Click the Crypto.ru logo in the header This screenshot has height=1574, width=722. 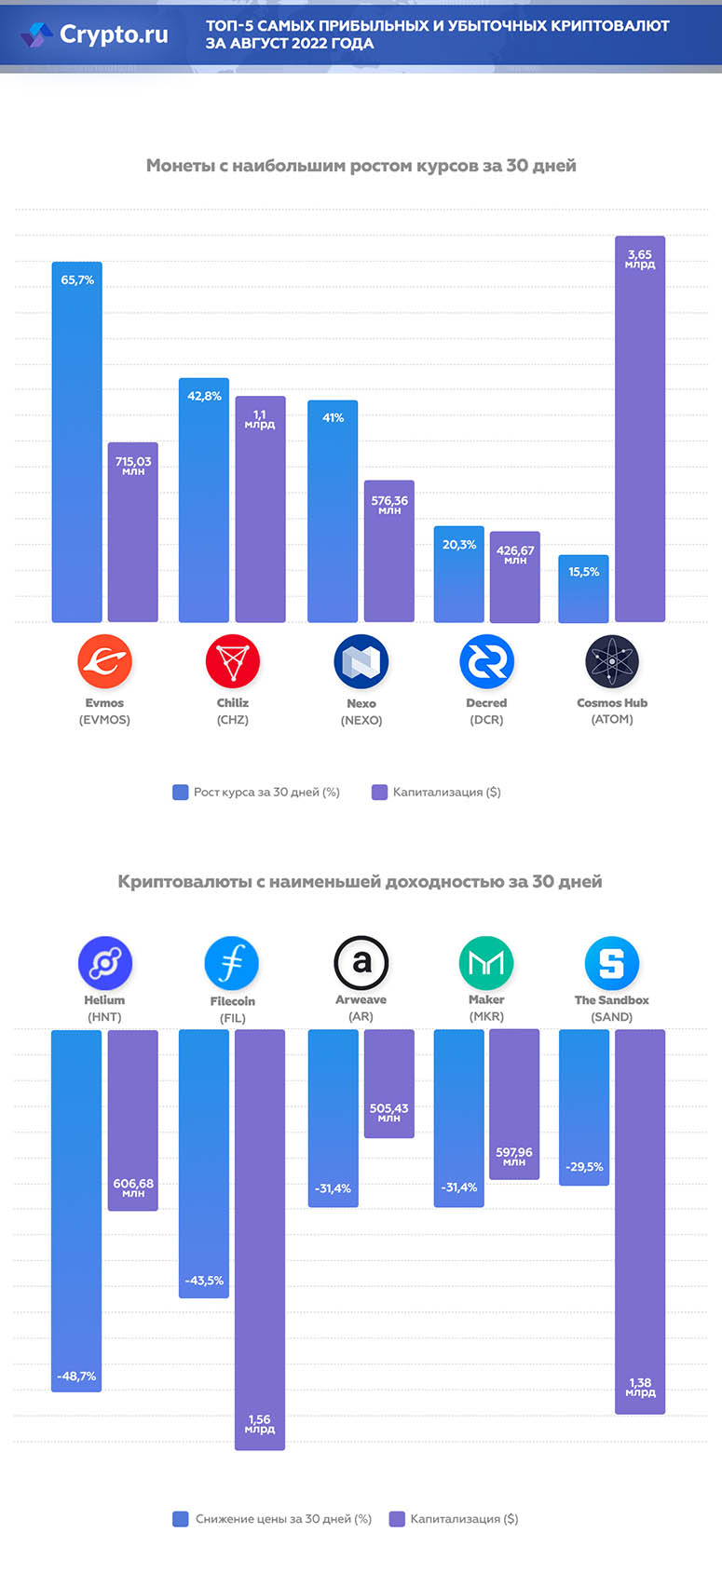click(x=94, y=34)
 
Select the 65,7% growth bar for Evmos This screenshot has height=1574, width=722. click(x=76, y=442)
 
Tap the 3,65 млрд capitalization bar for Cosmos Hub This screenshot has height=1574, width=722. click(x=640, y=428)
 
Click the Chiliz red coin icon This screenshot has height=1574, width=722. click(x=232, y=661)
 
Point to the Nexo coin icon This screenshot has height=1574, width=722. click(x=361, y=661)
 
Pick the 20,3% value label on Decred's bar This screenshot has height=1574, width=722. click(x=459, y=545)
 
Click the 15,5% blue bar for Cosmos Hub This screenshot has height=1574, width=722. click(x=583, y=590)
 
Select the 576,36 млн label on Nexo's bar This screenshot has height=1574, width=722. click(x=389, y=504)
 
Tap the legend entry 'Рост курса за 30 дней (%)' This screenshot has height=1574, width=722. click(x=256, y=793)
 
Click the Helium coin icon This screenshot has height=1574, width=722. click(x=104, y=963)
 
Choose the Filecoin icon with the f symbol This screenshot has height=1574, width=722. click(x=232, y=963)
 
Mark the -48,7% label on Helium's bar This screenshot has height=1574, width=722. click(x=76, y=1376)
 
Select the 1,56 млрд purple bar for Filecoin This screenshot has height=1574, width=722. click(x=260, y=1239)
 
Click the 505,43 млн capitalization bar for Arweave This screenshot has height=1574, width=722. click(x=388, y=1083)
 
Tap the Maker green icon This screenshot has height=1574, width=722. click(x=486, y=963)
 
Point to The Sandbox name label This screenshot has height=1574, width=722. click(x=611, y=1000)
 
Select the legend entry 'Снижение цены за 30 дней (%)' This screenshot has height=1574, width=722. click(x=273, y=1519)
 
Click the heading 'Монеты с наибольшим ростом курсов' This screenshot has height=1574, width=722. click(x=361, y=166)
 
